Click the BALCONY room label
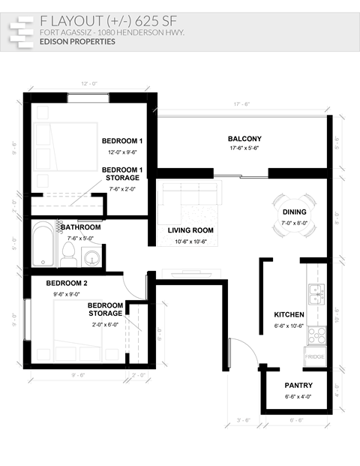point(244,139)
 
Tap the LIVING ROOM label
point(190,230)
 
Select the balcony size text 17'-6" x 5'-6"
point(244,149)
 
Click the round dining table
point(294,216)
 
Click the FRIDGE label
point(314,356)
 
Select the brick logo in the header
point(22,30)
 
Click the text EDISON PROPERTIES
point(77,42)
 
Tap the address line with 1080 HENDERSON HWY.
point(112,33)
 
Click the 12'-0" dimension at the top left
point(88,83)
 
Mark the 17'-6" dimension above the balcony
point(241,104)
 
